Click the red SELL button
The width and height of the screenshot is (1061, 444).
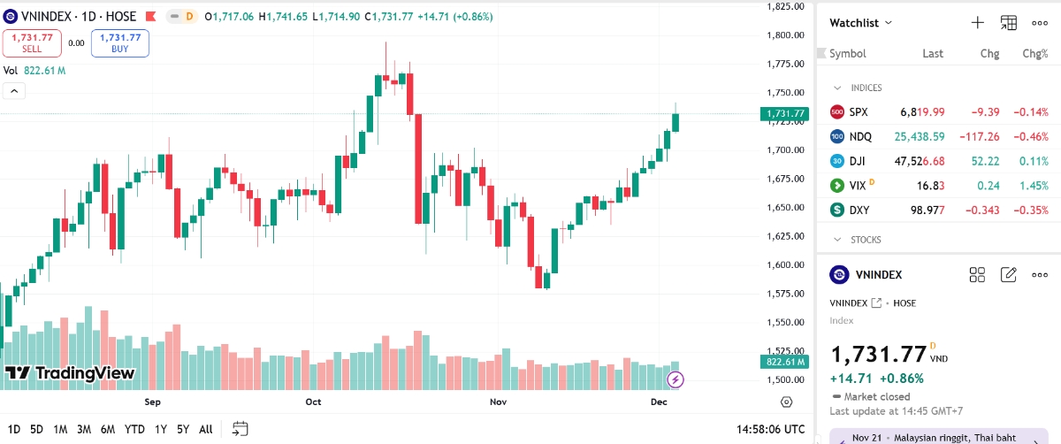coord(31,42)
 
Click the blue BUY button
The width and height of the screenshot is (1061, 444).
coord(119,42)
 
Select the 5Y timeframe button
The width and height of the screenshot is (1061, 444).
coord(183,429)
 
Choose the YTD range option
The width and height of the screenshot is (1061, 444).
coord(134,429)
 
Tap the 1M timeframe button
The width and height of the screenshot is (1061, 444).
coord(60,429)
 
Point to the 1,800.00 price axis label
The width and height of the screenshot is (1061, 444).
coord(786,35)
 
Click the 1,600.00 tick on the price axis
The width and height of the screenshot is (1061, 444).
coord(786,264)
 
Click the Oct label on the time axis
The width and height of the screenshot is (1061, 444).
coord(313,402)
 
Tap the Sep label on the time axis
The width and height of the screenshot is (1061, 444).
coord(152,402)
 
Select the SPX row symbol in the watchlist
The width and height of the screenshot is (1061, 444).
coord(859,112)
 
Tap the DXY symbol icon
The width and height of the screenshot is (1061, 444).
coord(837,210)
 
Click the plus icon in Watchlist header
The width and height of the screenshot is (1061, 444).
coord(977,23)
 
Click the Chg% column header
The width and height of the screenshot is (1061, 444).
coord(1034,53)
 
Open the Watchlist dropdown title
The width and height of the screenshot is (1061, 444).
coord(860,23)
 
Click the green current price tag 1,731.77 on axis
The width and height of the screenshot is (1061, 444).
coord(783,113)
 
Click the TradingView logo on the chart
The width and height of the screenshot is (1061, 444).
coord(70,373)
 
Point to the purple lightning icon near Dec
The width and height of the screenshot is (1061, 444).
coord(676,379)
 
